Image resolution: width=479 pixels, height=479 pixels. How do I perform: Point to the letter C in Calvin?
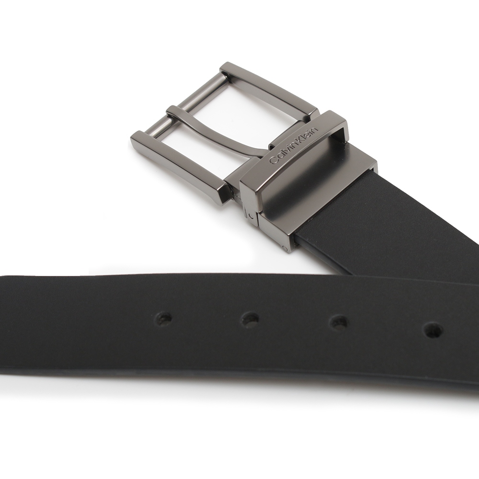(274, 160)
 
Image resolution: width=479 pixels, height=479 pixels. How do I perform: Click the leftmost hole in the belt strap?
(164, 319)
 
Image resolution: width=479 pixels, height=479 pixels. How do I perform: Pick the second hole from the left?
(250, 319)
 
